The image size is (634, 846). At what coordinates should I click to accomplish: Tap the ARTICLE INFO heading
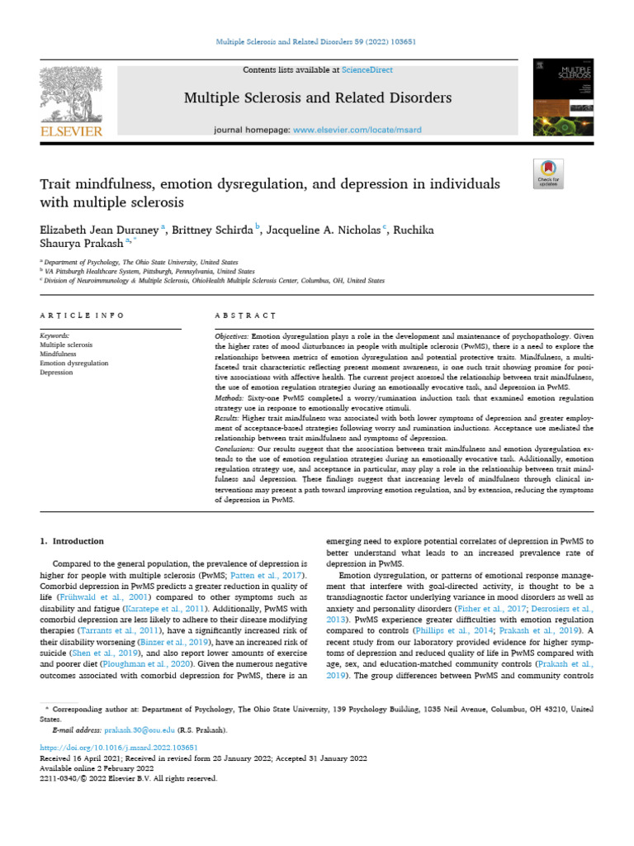click(x=82, y=316)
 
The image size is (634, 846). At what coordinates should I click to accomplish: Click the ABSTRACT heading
click(x=244, y=316)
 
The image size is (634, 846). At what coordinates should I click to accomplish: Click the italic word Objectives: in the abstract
click(x=231, y=339)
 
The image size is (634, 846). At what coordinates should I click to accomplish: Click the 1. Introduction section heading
click(x=73, y=541)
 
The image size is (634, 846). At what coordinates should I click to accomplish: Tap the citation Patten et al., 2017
click(x=280, y=574)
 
